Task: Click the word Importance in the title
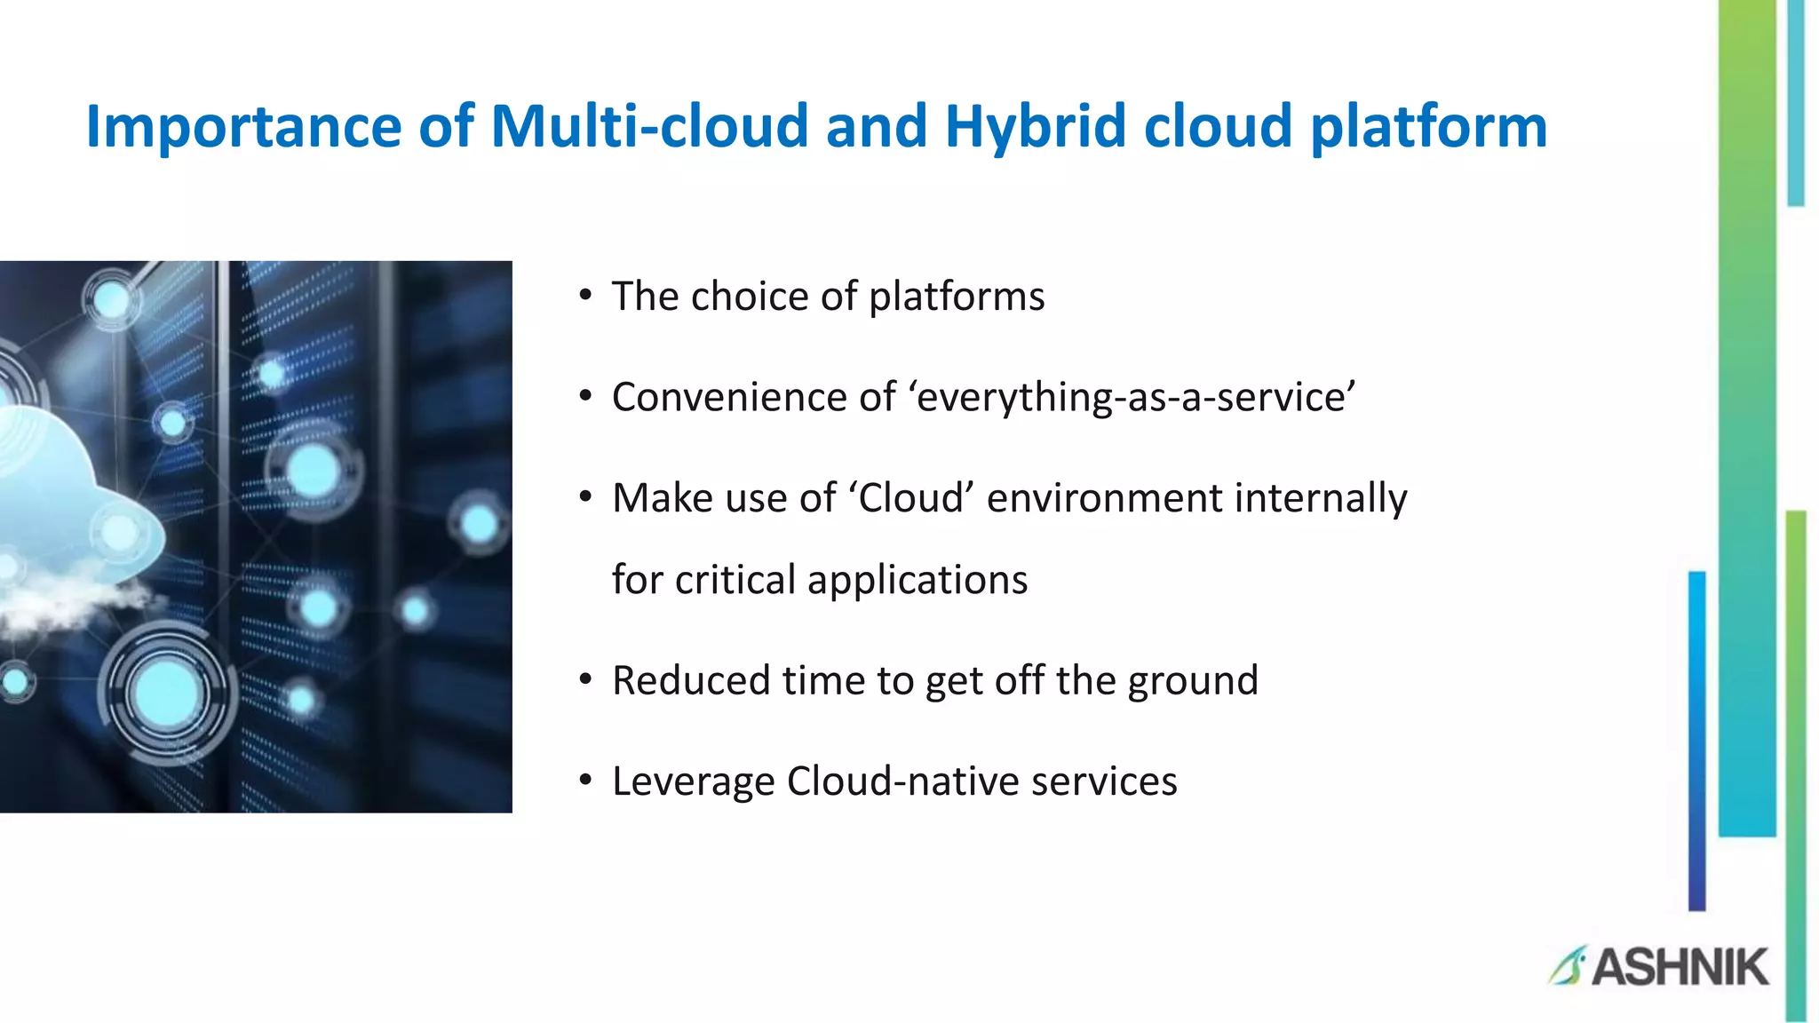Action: [243, 126]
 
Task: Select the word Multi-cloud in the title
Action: [649, 126]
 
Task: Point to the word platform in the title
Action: [1429, 126]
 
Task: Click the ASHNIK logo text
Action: [1680, 967]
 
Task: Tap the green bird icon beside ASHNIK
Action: [1568, 966]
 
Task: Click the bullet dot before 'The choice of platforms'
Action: [584, 296]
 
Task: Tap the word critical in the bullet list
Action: [735, 580]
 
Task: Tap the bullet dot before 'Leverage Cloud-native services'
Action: [584, 781]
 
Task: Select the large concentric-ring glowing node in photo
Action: [166, 694]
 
